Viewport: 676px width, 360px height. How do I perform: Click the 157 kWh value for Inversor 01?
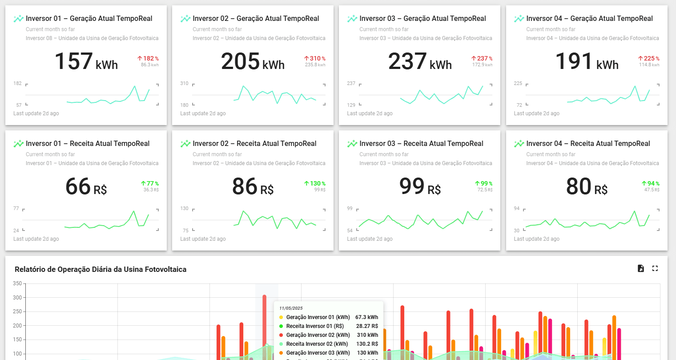tap(86, 62)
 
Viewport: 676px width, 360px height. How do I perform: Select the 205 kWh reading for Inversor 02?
tap(253, 62)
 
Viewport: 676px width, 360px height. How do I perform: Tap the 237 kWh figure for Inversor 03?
tap(419, 62)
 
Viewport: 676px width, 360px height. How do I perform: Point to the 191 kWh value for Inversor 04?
tap(586, 62)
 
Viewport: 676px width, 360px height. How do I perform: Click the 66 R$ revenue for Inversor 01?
tap(86, 187)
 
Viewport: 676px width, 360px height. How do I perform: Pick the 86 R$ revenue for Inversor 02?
tap(253, 187)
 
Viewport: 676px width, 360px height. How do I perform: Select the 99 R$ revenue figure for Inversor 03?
tap(419, 187)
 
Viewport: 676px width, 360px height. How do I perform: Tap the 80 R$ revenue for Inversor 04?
tap(586, 187)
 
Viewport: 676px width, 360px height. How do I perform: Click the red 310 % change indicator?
tap(315, 58)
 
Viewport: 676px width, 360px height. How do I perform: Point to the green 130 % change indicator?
tap(315, 183)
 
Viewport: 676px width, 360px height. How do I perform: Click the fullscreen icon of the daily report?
tap(655, 268)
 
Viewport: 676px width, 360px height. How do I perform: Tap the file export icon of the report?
tap(641, 268)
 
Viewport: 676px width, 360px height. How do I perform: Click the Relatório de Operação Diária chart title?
tap(101, 269)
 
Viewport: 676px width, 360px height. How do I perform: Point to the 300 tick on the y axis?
tap(17, 298)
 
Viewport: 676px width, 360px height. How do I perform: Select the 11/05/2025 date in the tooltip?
tap(291, 308)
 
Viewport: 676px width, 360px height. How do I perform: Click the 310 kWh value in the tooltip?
tap(367, 335)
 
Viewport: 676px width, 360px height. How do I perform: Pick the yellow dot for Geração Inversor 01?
tap(281, 317)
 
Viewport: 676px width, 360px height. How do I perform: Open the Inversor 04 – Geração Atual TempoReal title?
tap(589, 19)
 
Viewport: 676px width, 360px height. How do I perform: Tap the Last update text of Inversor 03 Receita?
tap(370, 239)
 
